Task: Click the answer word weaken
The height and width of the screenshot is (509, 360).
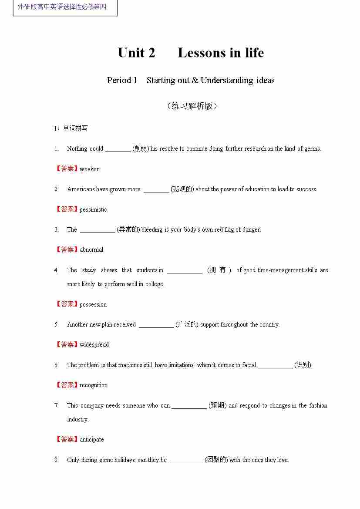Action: (x=90, y=169)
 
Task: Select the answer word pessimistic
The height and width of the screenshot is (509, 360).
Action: (x=93, y=209)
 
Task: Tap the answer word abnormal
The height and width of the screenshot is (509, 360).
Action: (x=91, y=249)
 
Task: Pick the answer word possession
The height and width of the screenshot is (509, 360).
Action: (x=93, y=304)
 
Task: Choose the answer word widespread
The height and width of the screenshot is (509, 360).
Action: (x=94, y=344)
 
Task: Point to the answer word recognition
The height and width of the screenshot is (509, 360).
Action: (x=94, y=385)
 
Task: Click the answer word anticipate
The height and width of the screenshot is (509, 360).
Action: (x=92, y=439)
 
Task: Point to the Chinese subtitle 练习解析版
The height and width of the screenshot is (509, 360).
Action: (x=192, y=106)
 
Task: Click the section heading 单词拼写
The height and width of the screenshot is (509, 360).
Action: (x=75, y=128)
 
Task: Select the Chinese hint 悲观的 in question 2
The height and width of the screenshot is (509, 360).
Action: (x=182, y=189)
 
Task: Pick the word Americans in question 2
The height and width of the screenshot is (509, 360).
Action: (x=81, y=189)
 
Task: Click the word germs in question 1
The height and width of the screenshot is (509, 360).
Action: (x=313, y=148)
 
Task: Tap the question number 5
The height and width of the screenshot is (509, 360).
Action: (x=57, y=324)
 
